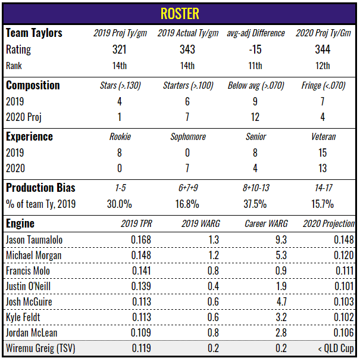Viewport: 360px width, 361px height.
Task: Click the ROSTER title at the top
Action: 180,13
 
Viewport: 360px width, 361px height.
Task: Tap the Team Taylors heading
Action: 34,33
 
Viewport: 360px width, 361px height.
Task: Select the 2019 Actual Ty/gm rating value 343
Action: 187,49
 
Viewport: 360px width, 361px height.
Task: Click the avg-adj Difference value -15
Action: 255,49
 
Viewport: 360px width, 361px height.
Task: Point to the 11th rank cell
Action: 255,66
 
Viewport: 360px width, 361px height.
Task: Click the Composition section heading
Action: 33,85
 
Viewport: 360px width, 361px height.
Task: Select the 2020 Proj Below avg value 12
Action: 255,117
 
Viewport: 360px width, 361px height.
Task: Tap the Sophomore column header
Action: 187,136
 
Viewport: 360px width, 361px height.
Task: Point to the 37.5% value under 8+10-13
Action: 255,204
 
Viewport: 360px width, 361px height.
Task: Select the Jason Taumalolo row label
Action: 34,239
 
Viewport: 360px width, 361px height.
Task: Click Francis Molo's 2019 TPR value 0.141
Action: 141,270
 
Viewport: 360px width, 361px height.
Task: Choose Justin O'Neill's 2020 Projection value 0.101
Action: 342,286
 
